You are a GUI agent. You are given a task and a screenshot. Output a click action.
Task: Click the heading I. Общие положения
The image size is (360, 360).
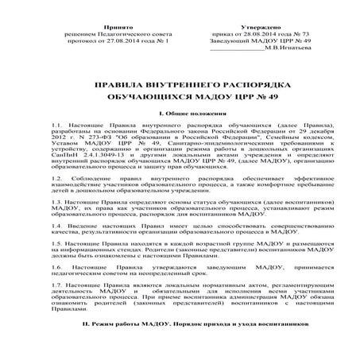coord(180,114)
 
